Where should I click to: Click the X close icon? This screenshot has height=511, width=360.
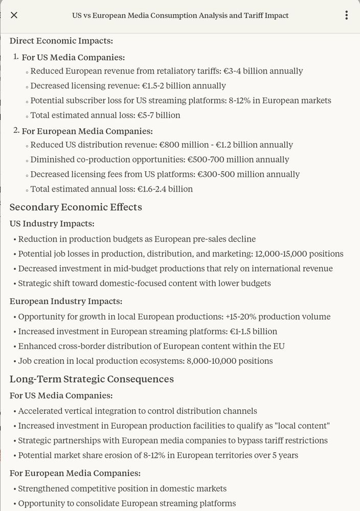[x=14, y=15]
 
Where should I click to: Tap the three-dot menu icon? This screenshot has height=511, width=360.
[x=347, y=15]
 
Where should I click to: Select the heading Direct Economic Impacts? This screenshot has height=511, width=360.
[x=61, y=41]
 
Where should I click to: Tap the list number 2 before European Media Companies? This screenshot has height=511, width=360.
[x=16, y=131]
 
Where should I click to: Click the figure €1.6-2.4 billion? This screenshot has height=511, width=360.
[x=165, y=189]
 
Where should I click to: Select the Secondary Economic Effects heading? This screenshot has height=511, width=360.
[x=76, y=207]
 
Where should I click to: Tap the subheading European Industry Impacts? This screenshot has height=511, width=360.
[x=66, y=301]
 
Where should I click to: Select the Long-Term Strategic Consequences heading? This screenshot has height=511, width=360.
[x=92, y=379]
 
